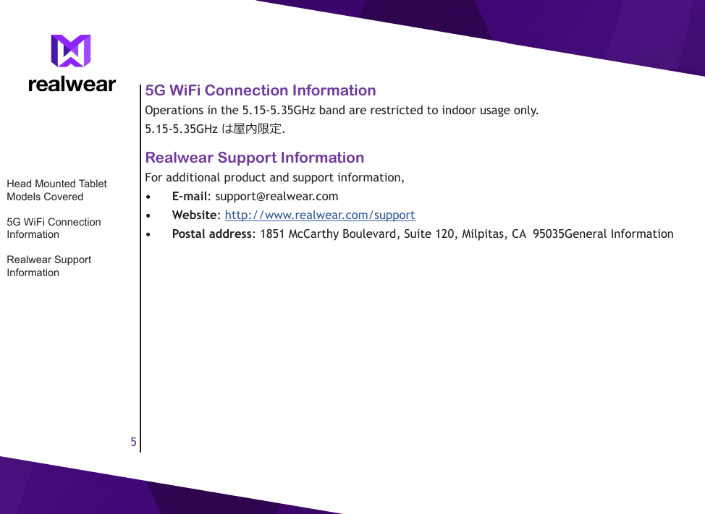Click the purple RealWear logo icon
point(71,51)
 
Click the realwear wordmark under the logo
point(72,85)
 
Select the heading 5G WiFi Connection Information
point(261,90)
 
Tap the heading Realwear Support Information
point(255,158)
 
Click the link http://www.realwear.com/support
point(320,215)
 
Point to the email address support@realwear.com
point(276,196)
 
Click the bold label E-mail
point(190,196)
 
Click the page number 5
point(133,442)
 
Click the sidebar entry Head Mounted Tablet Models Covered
point(56,190)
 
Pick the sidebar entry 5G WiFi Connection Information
point(54,228)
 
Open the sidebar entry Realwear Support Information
point(48,266)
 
